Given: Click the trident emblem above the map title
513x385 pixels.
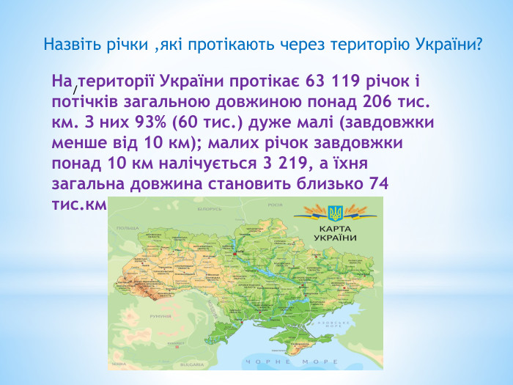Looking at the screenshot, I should pos(335,213).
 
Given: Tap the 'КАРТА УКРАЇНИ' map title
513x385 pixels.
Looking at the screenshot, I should pos(335,233).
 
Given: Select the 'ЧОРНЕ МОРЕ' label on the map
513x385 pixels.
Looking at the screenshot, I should pos(292,362).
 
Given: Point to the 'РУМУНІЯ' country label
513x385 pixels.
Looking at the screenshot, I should pos(160,316).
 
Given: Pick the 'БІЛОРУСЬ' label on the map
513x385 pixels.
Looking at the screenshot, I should pos(209,208).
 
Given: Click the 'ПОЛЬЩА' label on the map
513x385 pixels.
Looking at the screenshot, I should pos(128,228).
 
